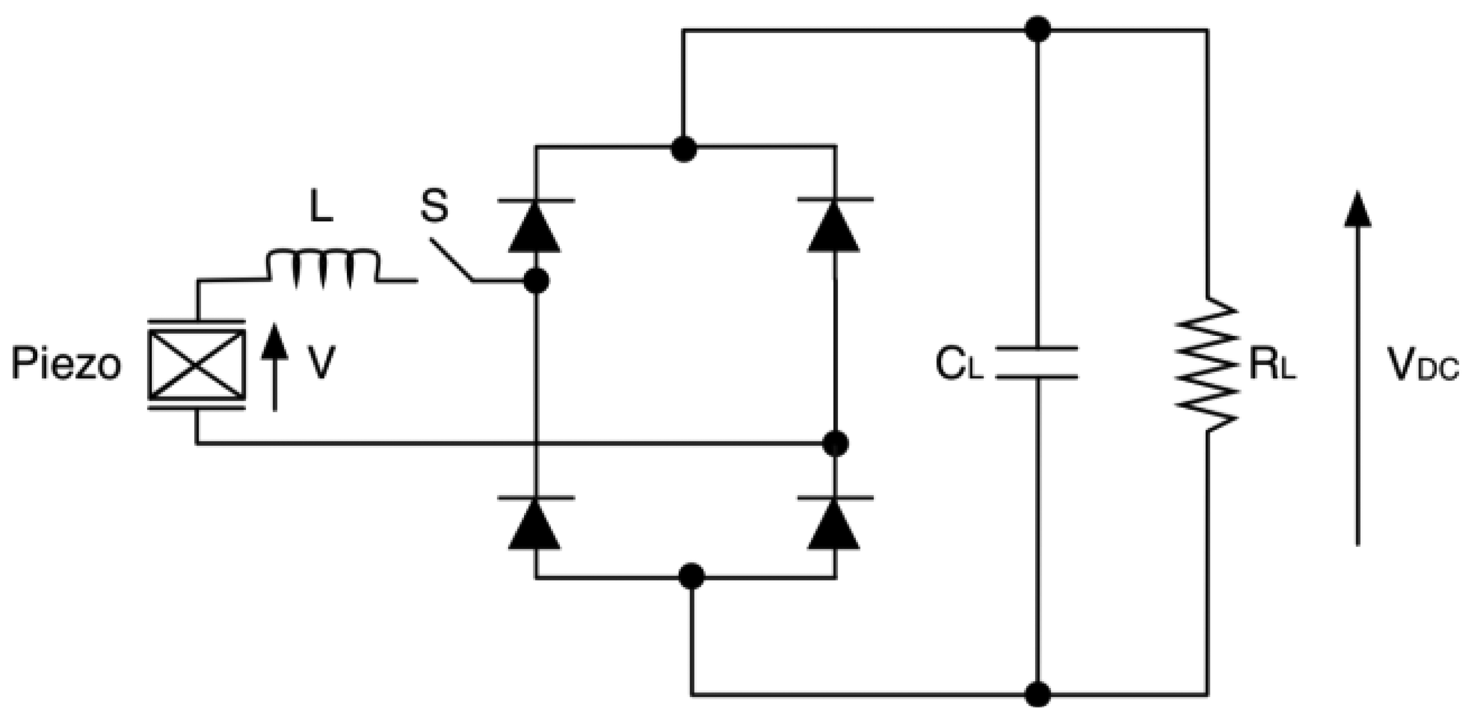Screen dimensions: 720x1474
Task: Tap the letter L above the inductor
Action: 321,210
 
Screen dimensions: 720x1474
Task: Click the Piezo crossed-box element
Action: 197,365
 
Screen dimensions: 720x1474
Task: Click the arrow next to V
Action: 275,366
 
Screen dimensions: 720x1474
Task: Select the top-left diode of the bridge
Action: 535,226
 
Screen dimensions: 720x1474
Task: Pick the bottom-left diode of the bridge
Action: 535,523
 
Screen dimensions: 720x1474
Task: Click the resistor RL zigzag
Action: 1207,365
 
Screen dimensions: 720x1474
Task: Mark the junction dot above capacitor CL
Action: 1037,29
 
